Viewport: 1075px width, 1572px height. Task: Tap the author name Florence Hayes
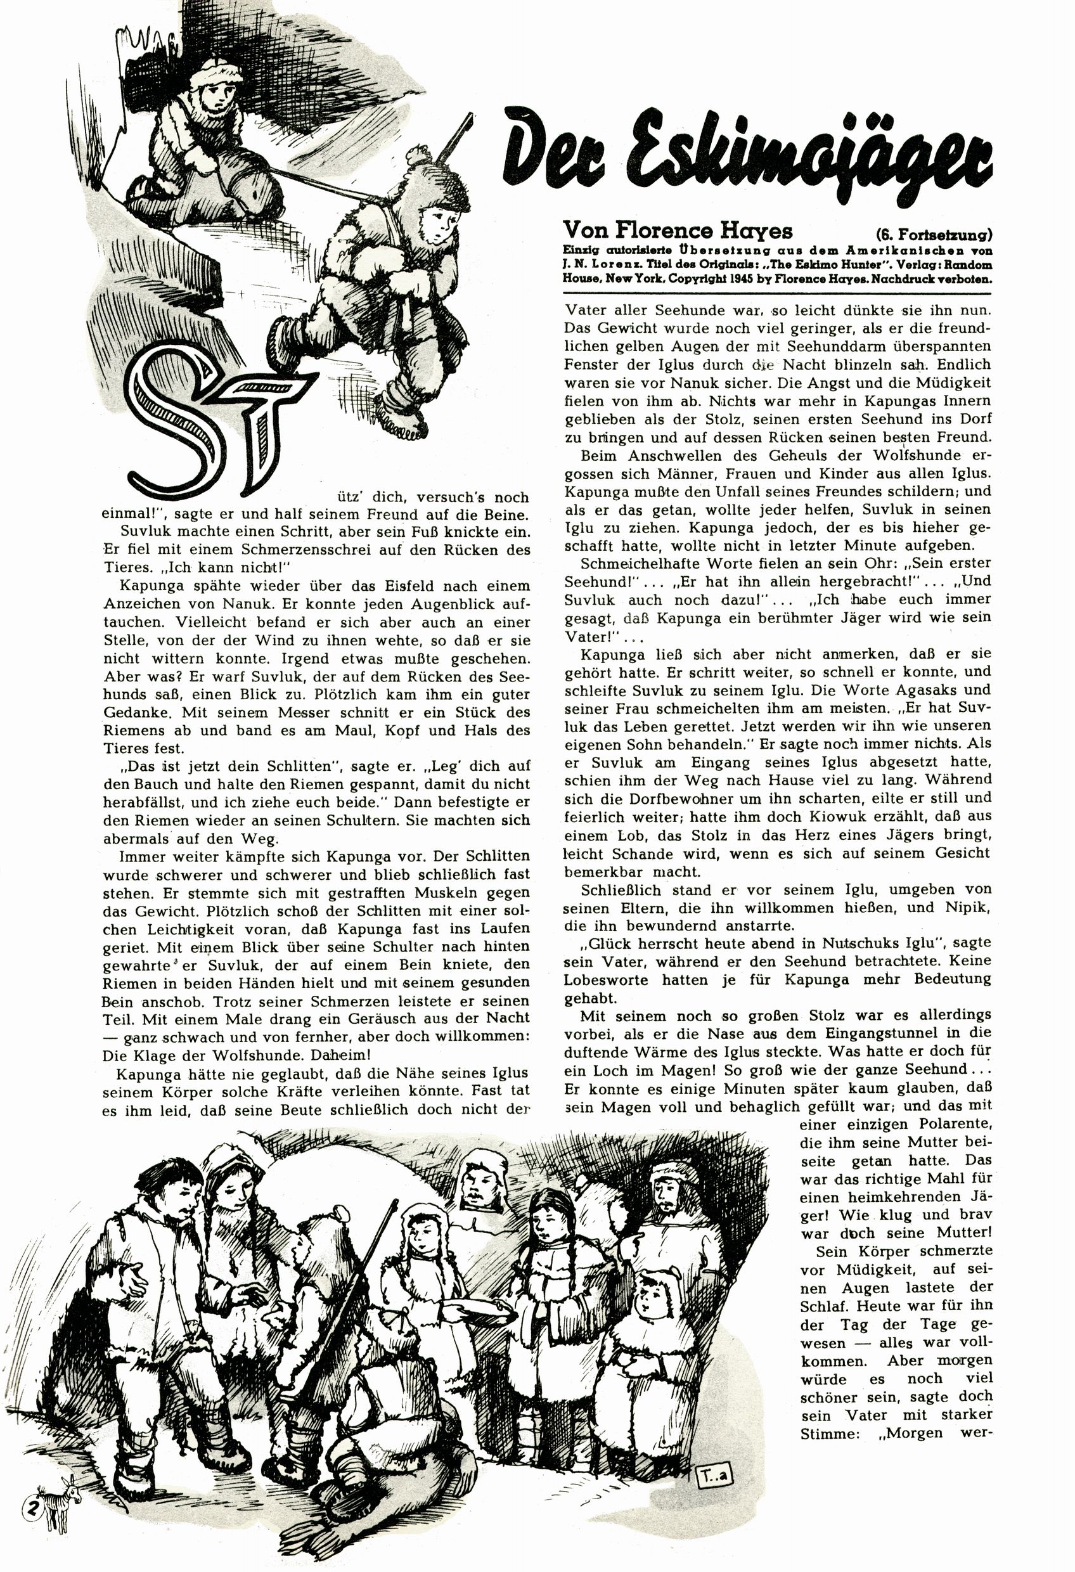677,231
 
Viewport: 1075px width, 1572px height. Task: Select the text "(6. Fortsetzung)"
934,235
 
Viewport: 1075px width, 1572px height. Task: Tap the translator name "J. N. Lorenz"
597,265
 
